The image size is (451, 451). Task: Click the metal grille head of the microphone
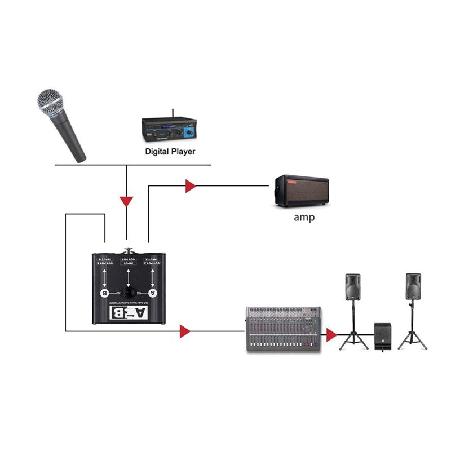[50, 101]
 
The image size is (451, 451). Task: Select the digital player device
[169, 131]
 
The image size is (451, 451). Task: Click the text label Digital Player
[170, 151]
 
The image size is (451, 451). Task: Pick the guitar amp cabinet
[300, 191]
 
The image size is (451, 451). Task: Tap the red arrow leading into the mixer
[184, 331]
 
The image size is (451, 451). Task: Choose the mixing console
[283, 330]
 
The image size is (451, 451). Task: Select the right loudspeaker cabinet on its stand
[413, 288]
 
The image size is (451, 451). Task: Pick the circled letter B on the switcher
[103, 293]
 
